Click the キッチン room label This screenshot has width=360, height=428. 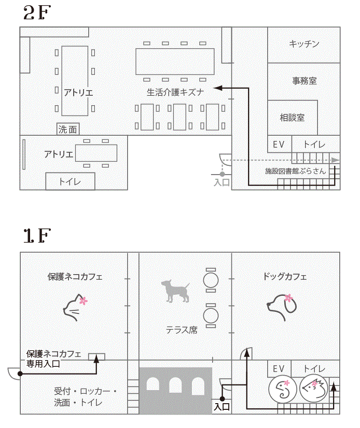(x=304, y=44)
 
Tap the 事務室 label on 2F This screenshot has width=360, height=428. (x=304, y=80)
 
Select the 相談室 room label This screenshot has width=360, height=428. (x=292, y=118)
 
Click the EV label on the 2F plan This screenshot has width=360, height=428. (x=279, y=144)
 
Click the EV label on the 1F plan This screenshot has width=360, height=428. (x=279, y=369)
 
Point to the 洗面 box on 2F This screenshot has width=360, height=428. (x=68, y=129)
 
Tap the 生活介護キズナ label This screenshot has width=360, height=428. (x=175, y=92)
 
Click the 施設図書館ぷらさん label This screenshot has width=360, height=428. (x=295, y=171)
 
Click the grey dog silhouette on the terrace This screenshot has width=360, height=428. (x=175, y=291)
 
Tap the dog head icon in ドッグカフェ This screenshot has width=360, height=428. (x=282, y=307)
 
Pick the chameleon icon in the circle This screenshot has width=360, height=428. (x=282, y=389)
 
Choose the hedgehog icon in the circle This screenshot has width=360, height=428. (x=313, y=388)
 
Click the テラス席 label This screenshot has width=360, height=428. (x=182, y=330)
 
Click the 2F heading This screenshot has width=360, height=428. (x=37, y=13)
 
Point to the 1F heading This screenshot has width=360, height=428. (x=37, y=236)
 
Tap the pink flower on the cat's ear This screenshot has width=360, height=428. (x=84, y=301)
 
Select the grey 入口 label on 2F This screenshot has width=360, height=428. (x=221, y=182)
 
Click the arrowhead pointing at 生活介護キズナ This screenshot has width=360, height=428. (x=217, y=88)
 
